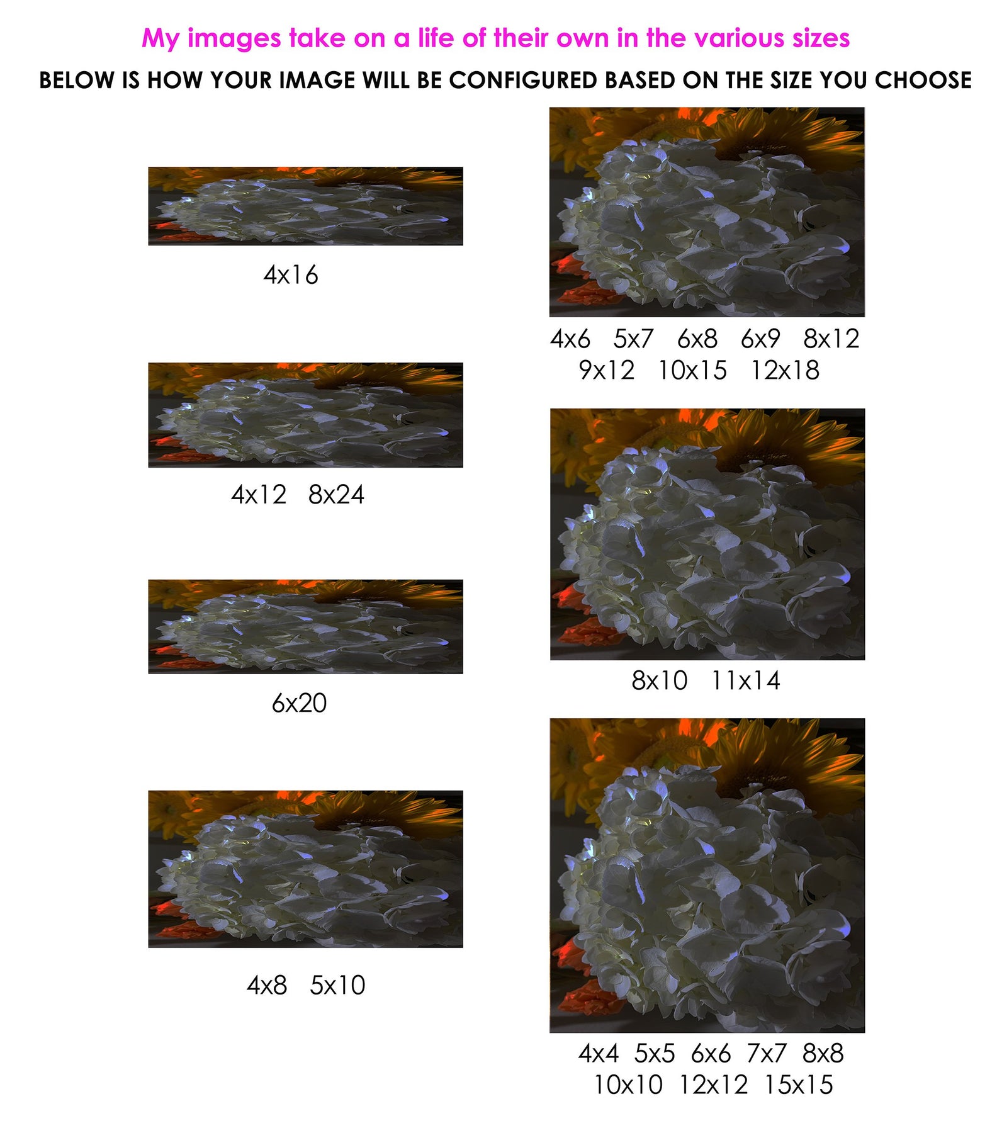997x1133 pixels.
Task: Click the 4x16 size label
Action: [x=291, y=275]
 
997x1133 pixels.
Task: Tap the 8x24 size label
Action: [x=336, y=495]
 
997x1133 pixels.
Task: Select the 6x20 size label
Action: [x=299, y=703]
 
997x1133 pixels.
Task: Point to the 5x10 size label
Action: [x=337, y=985]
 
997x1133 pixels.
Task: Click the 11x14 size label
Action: [x=746, y=680]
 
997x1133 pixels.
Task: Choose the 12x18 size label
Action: [x=785, y=370]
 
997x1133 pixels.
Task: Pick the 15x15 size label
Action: [x=799, y=1085]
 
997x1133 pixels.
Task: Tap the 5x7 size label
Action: [x=634, y=339]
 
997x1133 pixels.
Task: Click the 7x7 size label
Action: [x=767, y=1053]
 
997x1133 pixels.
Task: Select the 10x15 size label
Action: [x=692, y=370]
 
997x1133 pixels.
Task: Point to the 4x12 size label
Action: [x=259, y=495]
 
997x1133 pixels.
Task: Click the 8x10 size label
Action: [x=660, y=680]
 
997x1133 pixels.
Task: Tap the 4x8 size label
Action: [x=267, y=985]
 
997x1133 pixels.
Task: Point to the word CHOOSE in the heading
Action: [x=923, y=81]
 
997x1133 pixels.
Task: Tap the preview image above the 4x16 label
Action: [x=305, y=206]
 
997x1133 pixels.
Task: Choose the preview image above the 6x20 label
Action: [x=305, y=626]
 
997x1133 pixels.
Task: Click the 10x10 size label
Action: [x=628, y=1085]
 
